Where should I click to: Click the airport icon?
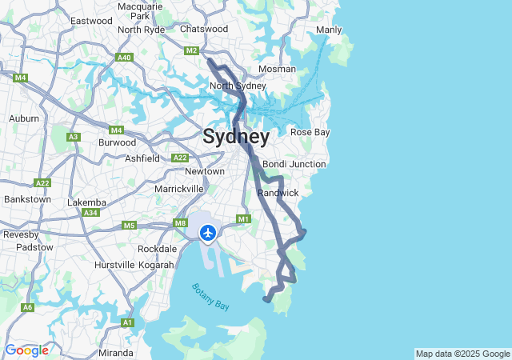[208, 233]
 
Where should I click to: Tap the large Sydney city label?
[235, 137]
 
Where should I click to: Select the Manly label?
[329, 30]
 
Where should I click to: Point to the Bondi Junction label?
[294, 164]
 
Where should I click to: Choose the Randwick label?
[278, 193]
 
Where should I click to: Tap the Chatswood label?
[204, 29]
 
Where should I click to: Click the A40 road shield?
[124, 58]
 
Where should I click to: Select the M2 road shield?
[191, 50]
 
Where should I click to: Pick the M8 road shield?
[181, 224]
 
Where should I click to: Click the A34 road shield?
[91, 213]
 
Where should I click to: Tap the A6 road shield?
[28, 307]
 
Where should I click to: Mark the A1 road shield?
[127, 322]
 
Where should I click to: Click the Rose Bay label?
[309, 132]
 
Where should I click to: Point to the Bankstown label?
[27, 199]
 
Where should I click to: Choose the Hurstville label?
[114, 264]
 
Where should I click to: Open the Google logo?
[26, 350]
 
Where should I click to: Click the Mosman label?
[277, 69]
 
